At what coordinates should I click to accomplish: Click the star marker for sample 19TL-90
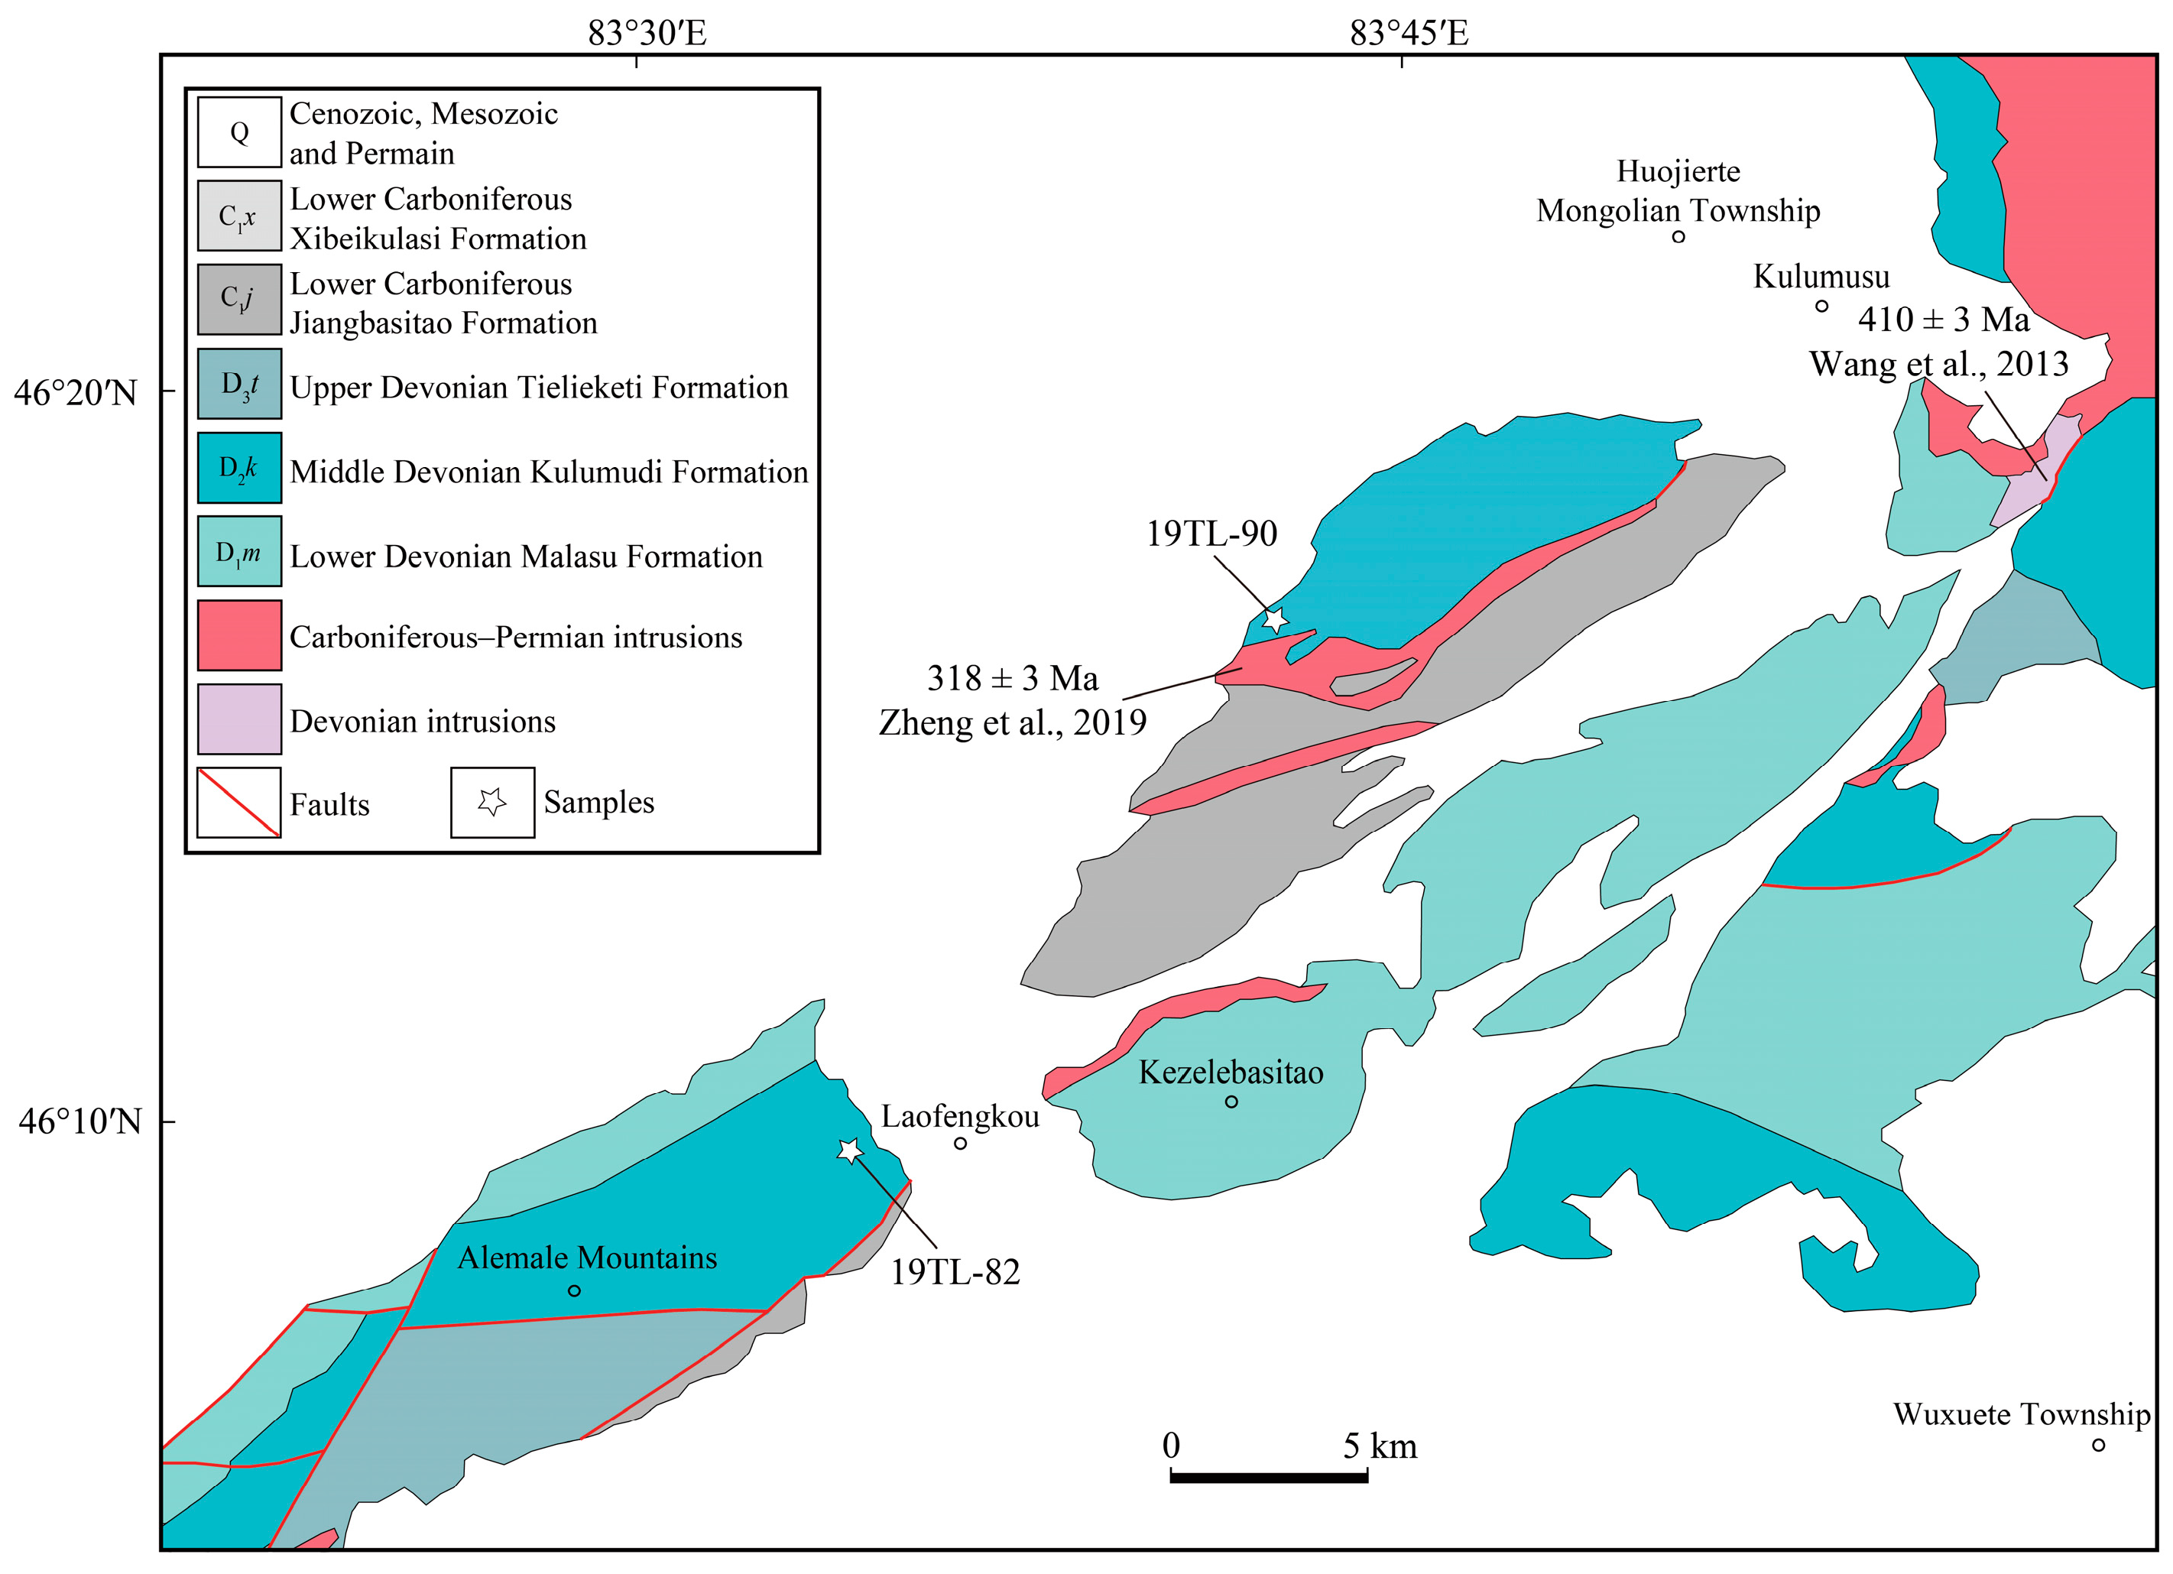1274,621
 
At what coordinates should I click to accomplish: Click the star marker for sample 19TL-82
850,1150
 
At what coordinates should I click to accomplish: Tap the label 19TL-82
955,1272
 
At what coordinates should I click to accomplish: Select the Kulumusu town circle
1821,307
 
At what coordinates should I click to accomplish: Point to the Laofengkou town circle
960,1143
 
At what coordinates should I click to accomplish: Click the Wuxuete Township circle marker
2098,1445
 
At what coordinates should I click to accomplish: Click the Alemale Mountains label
587,1258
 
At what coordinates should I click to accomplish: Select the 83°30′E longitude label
647,34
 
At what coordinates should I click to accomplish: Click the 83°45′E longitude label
1409,34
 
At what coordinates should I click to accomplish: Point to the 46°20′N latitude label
76,393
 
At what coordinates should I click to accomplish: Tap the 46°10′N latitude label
79,1121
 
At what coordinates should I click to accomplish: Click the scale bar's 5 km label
1379,1446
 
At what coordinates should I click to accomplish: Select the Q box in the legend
239,132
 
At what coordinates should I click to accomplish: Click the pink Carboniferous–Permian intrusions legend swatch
239,635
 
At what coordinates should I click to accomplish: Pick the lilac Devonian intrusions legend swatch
239,719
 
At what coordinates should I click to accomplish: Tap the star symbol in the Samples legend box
492,802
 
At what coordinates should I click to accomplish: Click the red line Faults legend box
239,802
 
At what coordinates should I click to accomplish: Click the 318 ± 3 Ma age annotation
1013,678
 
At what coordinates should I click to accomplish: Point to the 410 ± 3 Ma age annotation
1943,319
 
